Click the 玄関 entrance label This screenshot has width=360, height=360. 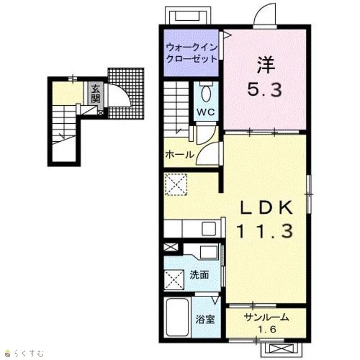(x=95, y=94)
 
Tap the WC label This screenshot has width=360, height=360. (x=206, y=112)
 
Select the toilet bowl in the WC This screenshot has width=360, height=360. (x=206, y=93)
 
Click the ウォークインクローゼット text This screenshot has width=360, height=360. (x=191, y=53)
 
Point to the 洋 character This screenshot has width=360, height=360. (x=265, y=65)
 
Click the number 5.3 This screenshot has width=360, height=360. (x=264, y=89)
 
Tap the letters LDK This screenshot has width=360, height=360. (x=266, y=208)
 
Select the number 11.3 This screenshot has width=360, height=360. (x=265, y=231)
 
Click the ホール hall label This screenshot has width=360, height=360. (x=179, y=155)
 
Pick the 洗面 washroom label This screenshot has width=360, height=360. (x=199, y=275)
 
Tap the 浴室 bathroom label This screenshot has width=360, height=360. (x=205, y=319)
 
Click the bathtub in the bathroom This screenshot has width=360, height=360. (x=177, y=318)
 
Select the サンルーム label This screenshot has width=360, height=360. (x=266, y=317)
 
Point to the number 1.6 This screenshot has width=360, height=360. (x=267, y=330)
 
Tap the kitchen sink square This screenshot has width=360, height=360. (x=209, y=229)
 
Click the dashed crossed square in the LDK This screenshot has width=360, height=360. (x=176, y=184)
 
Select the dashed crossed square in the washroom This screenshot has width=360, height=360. (x=174, y=280)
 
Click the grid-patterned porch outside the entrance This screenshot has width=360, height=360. (x=126, y=93)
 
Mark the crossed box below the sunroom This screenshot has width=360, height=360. (x=279, y=349)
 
